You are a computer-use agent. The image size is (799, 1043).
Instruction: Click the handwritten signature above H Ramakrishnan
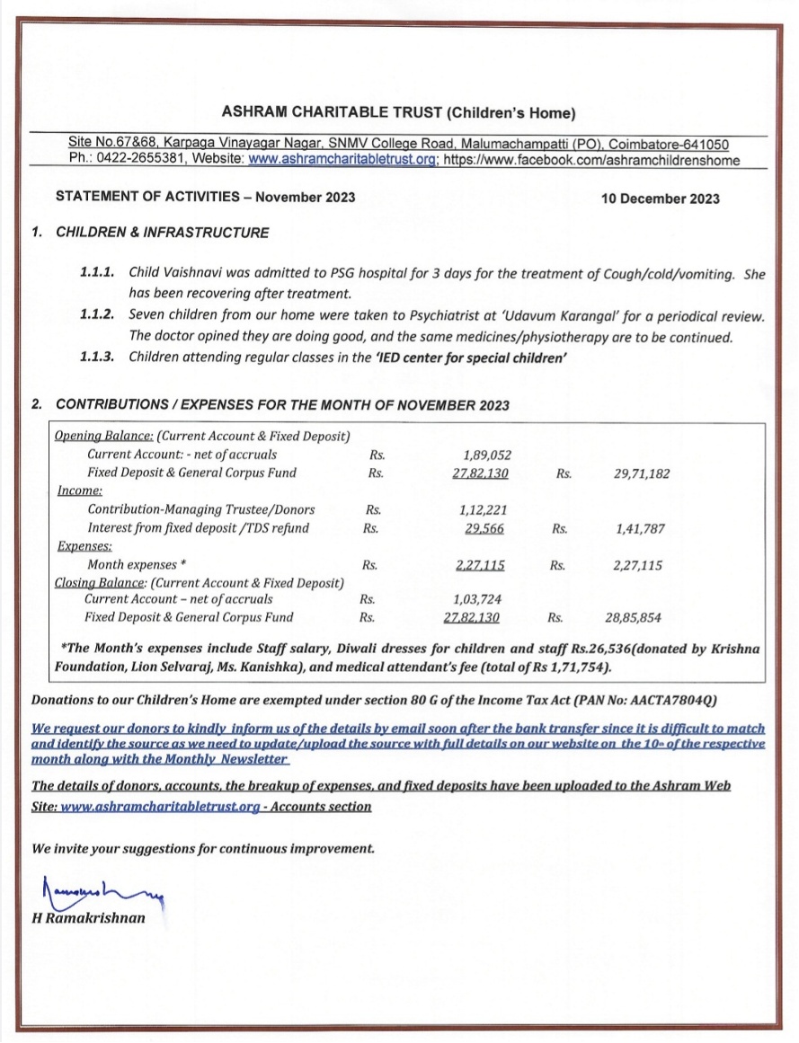(x=94, y=892)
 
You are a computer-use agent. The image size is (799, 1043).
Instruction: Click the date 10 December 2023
(x=660, y=199)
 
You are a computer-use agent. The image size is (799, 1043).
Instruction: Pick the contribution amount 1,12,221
(x=484, y=510)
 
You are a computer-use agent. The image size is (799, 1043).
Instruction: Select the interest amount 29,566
(x=484, y=528)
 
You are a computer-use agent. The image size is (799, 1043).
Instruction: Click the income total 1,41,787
(x=640, y=529)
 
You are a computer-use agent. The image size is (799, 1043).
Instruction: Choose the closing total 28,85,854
(x=636, y=617)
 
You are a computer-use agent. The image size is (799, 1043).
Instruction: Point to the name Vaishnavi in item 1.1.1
(x=191, y=271)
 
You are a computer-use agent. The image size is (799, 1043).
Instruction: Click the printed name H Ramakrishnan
(x=88, y=918)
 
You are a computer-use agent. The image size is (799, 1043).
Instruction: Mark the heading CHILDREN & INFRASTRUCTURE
(x=162, y=233)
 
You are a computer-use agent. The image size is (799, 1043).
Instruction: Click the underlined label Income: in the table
(x=78, y=491)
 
